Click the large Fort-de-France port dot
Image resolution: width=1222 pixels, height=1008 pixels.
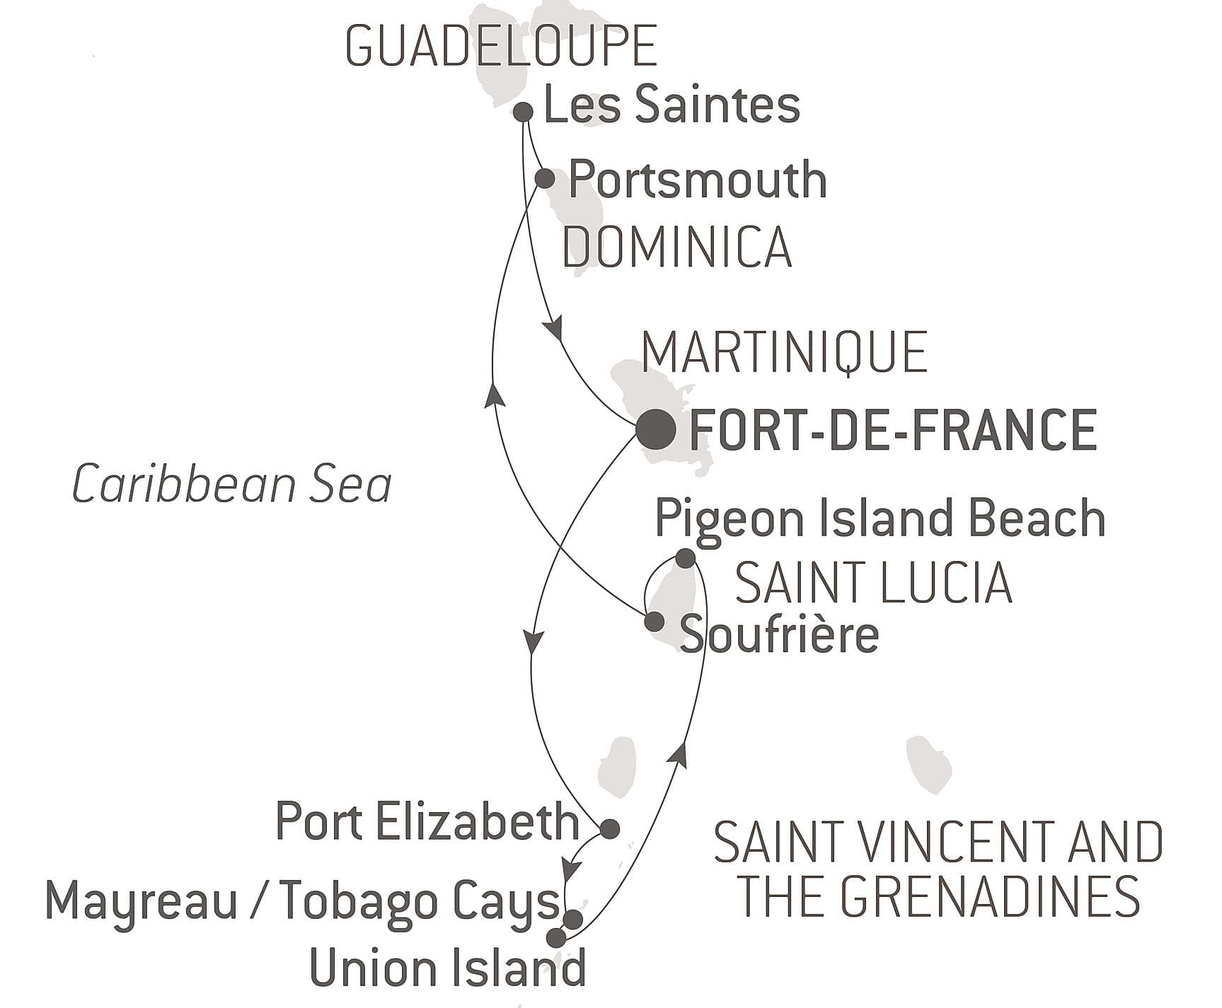tap(655, 429)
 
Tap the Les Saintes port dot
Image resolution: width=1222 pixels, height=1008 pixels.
tap(523, 112)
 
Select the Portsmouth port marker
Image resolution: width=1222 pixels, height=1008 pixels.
tap(544, 178)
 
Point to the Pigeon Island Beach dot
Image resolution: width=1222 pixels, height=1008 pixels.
tap(685, 558)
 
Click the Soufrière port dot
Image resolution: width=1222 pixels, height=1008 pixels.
tap(654, 622)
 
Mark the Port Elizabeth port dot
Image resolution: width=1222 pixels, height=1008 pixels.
tap(609, 828)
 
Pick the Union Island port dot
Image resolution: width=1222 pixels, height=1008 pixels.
tap(557, 938)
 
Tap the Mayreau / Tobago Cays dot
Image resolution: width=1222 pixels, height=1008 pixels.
tap(572, 920)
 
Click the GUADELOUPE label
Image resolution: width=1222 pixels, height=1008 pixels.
tap(501, 47)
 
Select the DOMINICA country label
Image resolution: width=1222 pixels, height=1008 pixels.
tap(676, 247)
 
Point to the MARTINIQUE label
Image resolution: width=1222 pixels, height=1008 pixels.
tap(784, 352)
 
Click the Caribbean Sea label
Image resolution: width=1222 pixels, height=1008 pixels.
tap(232, 485)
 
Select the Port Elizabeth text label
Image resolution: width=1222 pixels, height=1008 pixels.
tap(427, 822)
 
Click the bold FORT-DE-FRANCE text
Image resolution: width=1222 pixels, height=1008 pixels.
tap(893, 429)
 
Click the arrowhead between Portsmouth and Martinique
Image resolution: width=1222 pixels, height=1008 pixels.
tap(553, 330)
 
